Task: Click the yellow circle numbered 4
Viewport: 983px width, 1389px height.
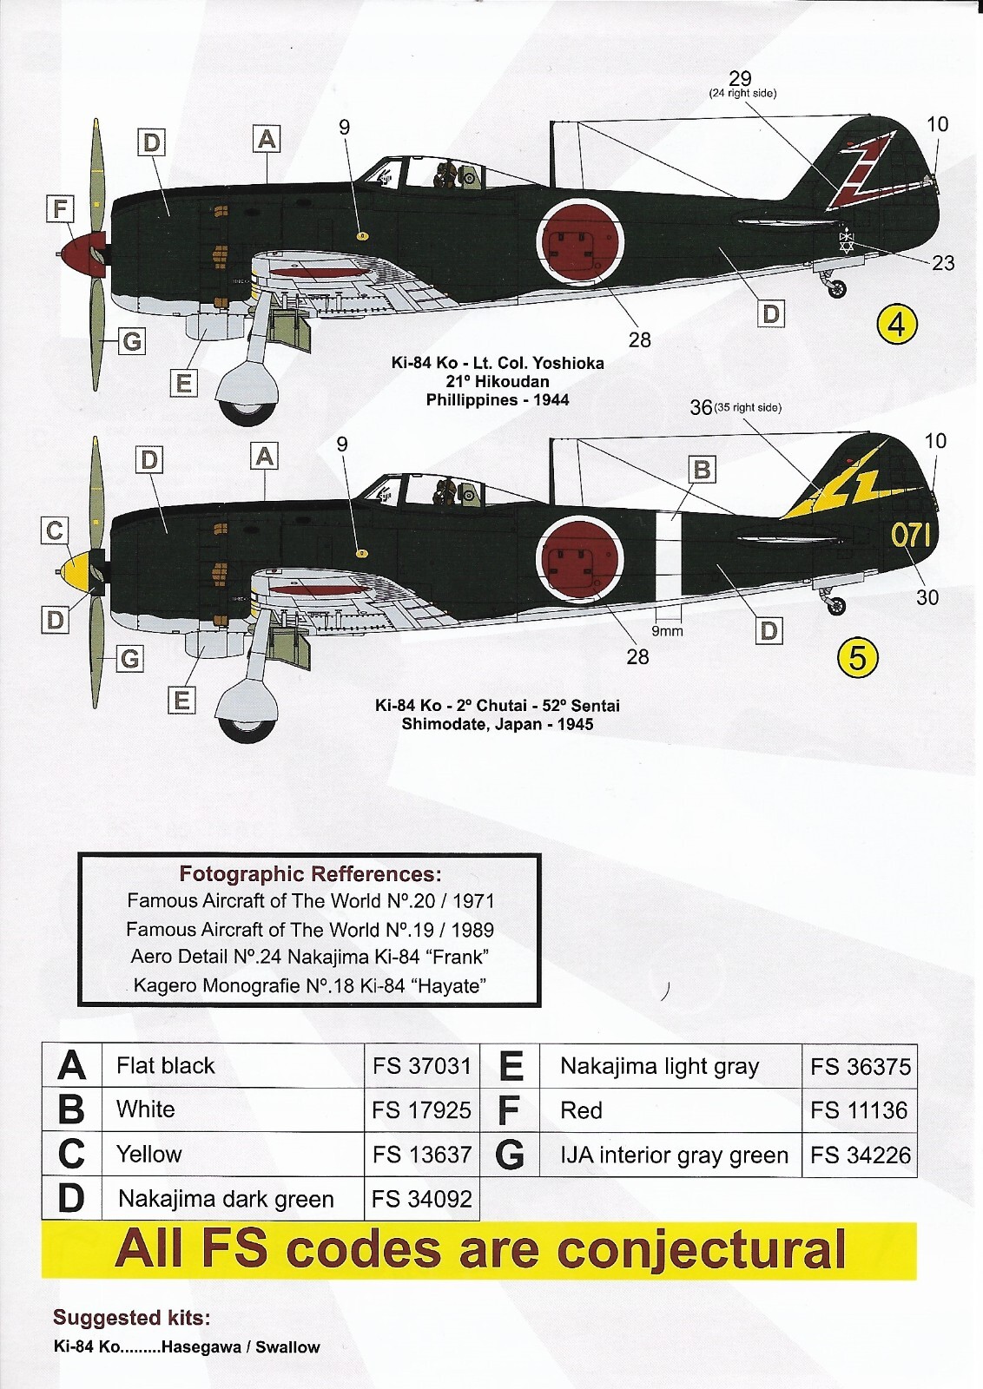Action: click(x=897, y=325)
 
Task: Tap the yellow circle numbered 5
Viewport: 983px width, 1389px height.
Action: click(x=857, y=658)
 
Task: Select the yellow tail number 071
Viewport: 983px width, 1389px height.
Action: click(x=910, y=535)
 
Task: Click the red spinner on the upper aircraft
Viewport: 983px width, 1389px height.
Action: click(x=84, y=253)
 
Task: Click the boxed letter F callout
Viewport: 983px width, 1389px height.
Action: click(x=60, y=209)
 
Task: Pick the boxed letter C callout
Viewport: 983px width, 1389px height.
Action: click(x=55, y=530)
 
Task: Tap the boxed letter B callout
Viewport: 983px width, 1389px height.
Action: click(x=702, y=470)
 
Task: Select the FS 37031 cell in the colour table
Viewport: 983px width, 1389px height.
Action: click(x=421, y=1066)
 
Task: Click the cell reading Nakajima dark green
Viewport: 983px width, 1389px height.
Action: click(x=226, y=1199)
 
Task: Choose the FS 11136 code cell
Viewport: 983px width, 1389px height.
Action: click(x=858, y=1110)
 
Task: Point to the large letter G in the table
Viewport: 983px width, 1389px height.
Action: click(x=510, y=1155)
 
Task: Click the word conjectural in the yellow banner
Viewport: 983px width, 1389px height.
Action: click(x=701, y=1250)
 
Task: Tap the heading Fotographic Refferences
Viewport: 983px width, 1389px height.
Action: click(x=310, y=874)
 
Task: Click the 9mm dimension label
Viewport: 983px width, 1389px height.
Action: click(x=667, y=631)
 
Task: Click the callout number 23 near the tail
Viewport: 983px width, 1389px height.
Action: click(x=942, y=263)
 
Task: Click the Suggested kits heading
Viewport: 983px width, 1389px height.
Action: click(x=132, y=1318)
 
